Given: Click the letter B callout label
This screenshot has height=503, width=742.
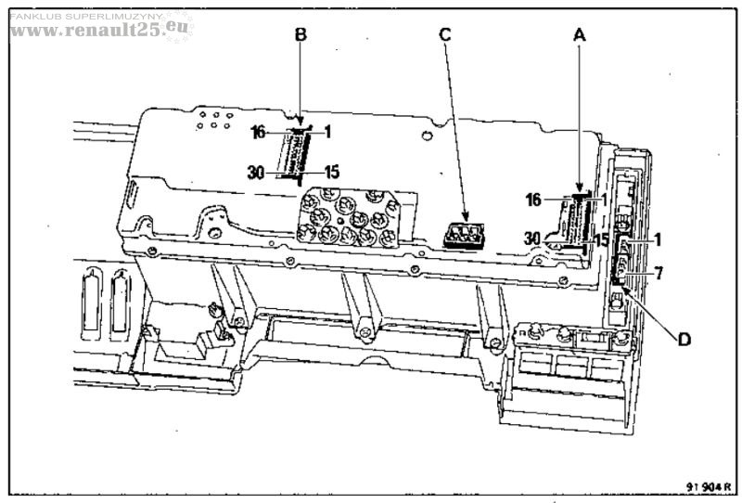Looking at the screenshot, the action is coord(301,34).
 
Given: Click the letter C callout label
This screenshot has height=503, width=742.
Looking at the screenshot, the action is coord(445,34).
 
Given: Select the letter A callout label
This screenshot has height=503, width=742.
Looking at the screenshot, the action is coord(579,34).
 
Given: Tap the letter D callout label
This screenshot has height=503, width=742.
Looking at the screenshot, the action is coord(684,339).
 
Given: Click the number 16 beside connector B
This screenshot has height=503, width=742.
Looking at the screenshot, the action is coord(259,132).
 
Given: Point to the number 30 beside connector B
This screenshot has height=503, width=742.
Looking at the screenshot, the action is coord(256,172).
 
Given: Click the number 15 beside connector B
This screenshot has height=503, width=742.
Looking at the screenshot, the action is coord(332,172).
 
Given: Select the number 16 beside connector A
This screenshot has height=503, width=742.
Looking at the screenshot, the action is coord(533,200).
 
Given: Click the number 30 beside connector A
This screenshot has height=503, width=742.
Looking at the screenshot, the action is coord(532,239).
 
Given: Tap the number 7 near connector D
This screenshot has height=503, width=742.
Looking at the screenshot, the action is coord(659,273).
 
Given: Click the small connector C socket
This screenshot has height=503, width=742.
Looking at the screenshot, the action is coord(464,236).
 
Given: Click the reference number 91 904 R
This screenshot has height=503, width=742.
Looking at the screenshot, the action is coord(709,486).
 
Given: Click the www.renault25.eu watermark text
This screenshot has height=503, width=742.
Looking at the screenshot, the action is coord(99,30).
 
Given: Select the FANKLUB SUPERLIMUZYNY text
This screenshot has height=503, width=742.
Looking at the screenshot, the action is coord(85,17).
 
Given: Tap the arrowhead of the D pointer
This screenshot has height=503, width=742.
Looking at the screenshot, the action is coord(621,287).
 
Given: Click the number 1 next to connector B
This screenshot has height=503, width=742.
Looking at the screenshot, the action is coord(327,131).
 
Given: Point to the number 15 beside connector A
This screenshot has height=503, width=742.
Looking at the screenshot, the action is coord(601,239).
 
